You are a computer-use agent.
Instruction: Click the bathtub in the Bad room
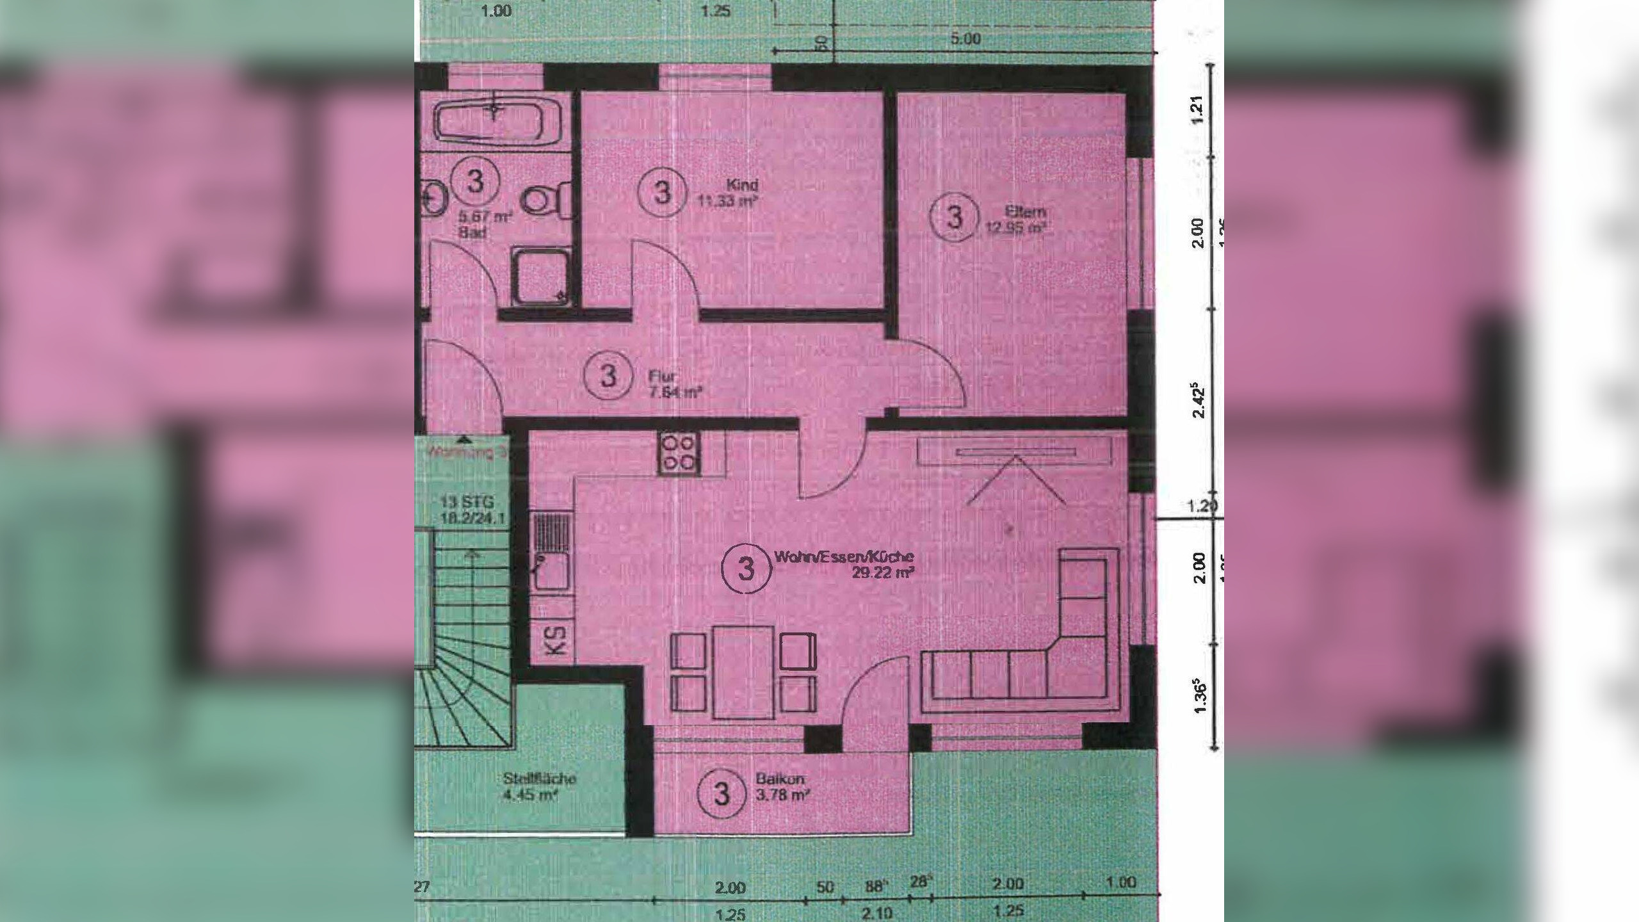499,122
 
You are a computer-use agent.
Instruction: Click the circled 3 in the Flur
608,376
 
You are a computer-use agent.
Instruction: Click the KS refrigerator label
557,640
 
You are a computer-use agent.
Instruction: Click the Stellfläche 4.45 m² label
539,788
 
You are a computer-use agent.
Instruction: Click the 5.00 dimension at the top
965,39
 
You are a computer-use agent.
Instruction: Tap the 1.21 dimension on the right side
1199,110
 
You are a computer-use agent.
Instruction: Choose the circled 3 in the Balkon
722,795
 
